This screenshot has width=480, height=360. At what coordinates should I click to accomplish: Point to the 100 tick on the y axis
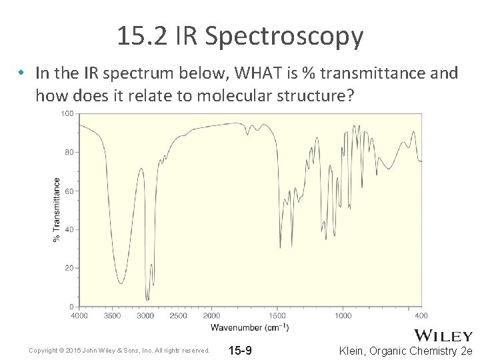coord(67,114)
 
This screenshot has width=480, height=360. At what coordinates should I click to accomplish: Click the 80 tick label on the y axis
coord(69,152)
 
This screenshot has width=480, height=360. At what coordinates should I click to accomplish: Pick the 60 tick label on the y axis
coord(69,191)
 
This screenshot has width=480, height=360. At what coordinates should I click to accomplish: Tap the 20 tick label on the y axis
coord(69,268)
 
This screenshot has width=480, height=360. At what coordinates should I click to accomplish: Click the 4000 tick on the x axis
coord(79,315)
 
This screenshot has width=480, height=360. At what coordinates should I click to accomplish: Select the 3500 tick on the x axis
coord(112,315)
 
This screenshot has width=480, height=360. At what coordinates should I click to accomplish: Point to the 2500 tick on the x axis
coord(178,315)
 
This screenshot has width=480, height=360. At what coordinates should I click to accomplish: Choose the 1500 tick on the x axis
coord(277,315)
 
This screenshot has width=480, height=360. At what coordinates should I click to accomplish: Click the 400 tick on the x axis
coord(421,315)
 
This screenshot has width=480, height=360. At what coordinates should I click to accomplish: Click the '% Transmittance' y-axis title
coord(57,209)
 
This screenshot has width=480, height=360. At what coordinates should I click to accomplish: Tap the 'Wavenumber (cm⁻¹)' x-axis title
coord(250,327)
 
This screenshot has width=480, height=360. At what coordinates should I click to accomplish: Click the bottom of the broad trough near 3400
coord(120,283)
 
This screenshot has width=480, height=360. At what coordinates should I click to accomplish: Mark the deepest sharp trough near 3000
coord(147,299)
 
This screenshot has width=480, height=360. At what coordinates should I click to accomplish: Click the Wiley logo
coord(443,335)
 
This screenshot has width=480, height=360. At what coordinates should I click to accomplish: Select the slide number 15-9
coord(240,351)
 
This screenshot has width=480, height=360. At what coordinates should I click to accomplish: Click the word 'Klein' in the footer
coord(353,351)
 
